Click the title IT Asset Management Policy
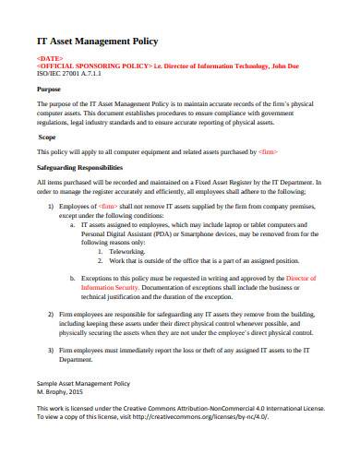tap(97, 41)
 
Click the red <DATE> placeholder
tap(49, 58)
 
